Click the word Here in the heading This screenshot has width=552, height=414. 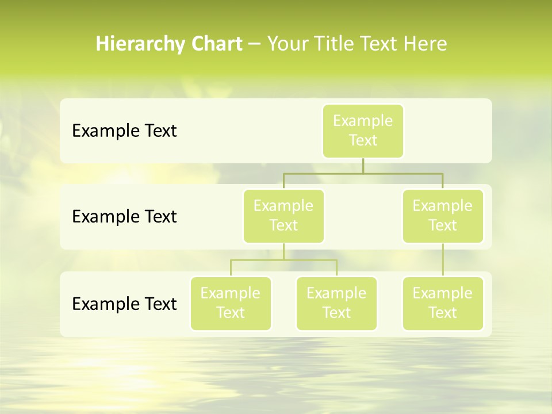pos(424,44)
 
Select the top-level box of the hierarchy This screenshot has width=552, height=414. pos(363,131)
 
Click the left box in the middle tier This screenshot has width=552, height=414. pos(283,216)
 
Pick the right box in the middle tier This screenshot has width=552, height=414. pos(442,216)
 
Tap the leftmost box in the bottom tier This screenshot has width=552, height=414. pos(231,303)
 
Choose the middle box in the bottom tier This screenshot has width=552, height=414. pos(336,303)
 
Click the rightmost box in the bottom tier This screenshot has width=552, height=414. pos(442,303)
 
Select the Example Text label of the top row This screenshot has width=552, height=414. pos(124,131)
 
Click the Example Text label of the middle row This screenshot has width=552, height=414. pos(124,217)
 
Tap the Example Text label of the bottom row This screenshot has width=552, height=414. pos(124,304)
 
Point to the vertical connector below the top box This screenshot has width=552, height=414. pos(363,166)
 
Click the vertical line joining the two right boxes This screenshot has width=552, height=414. pos(443,260)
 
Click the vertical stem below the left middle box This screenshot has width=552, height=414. pos(283,251)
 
